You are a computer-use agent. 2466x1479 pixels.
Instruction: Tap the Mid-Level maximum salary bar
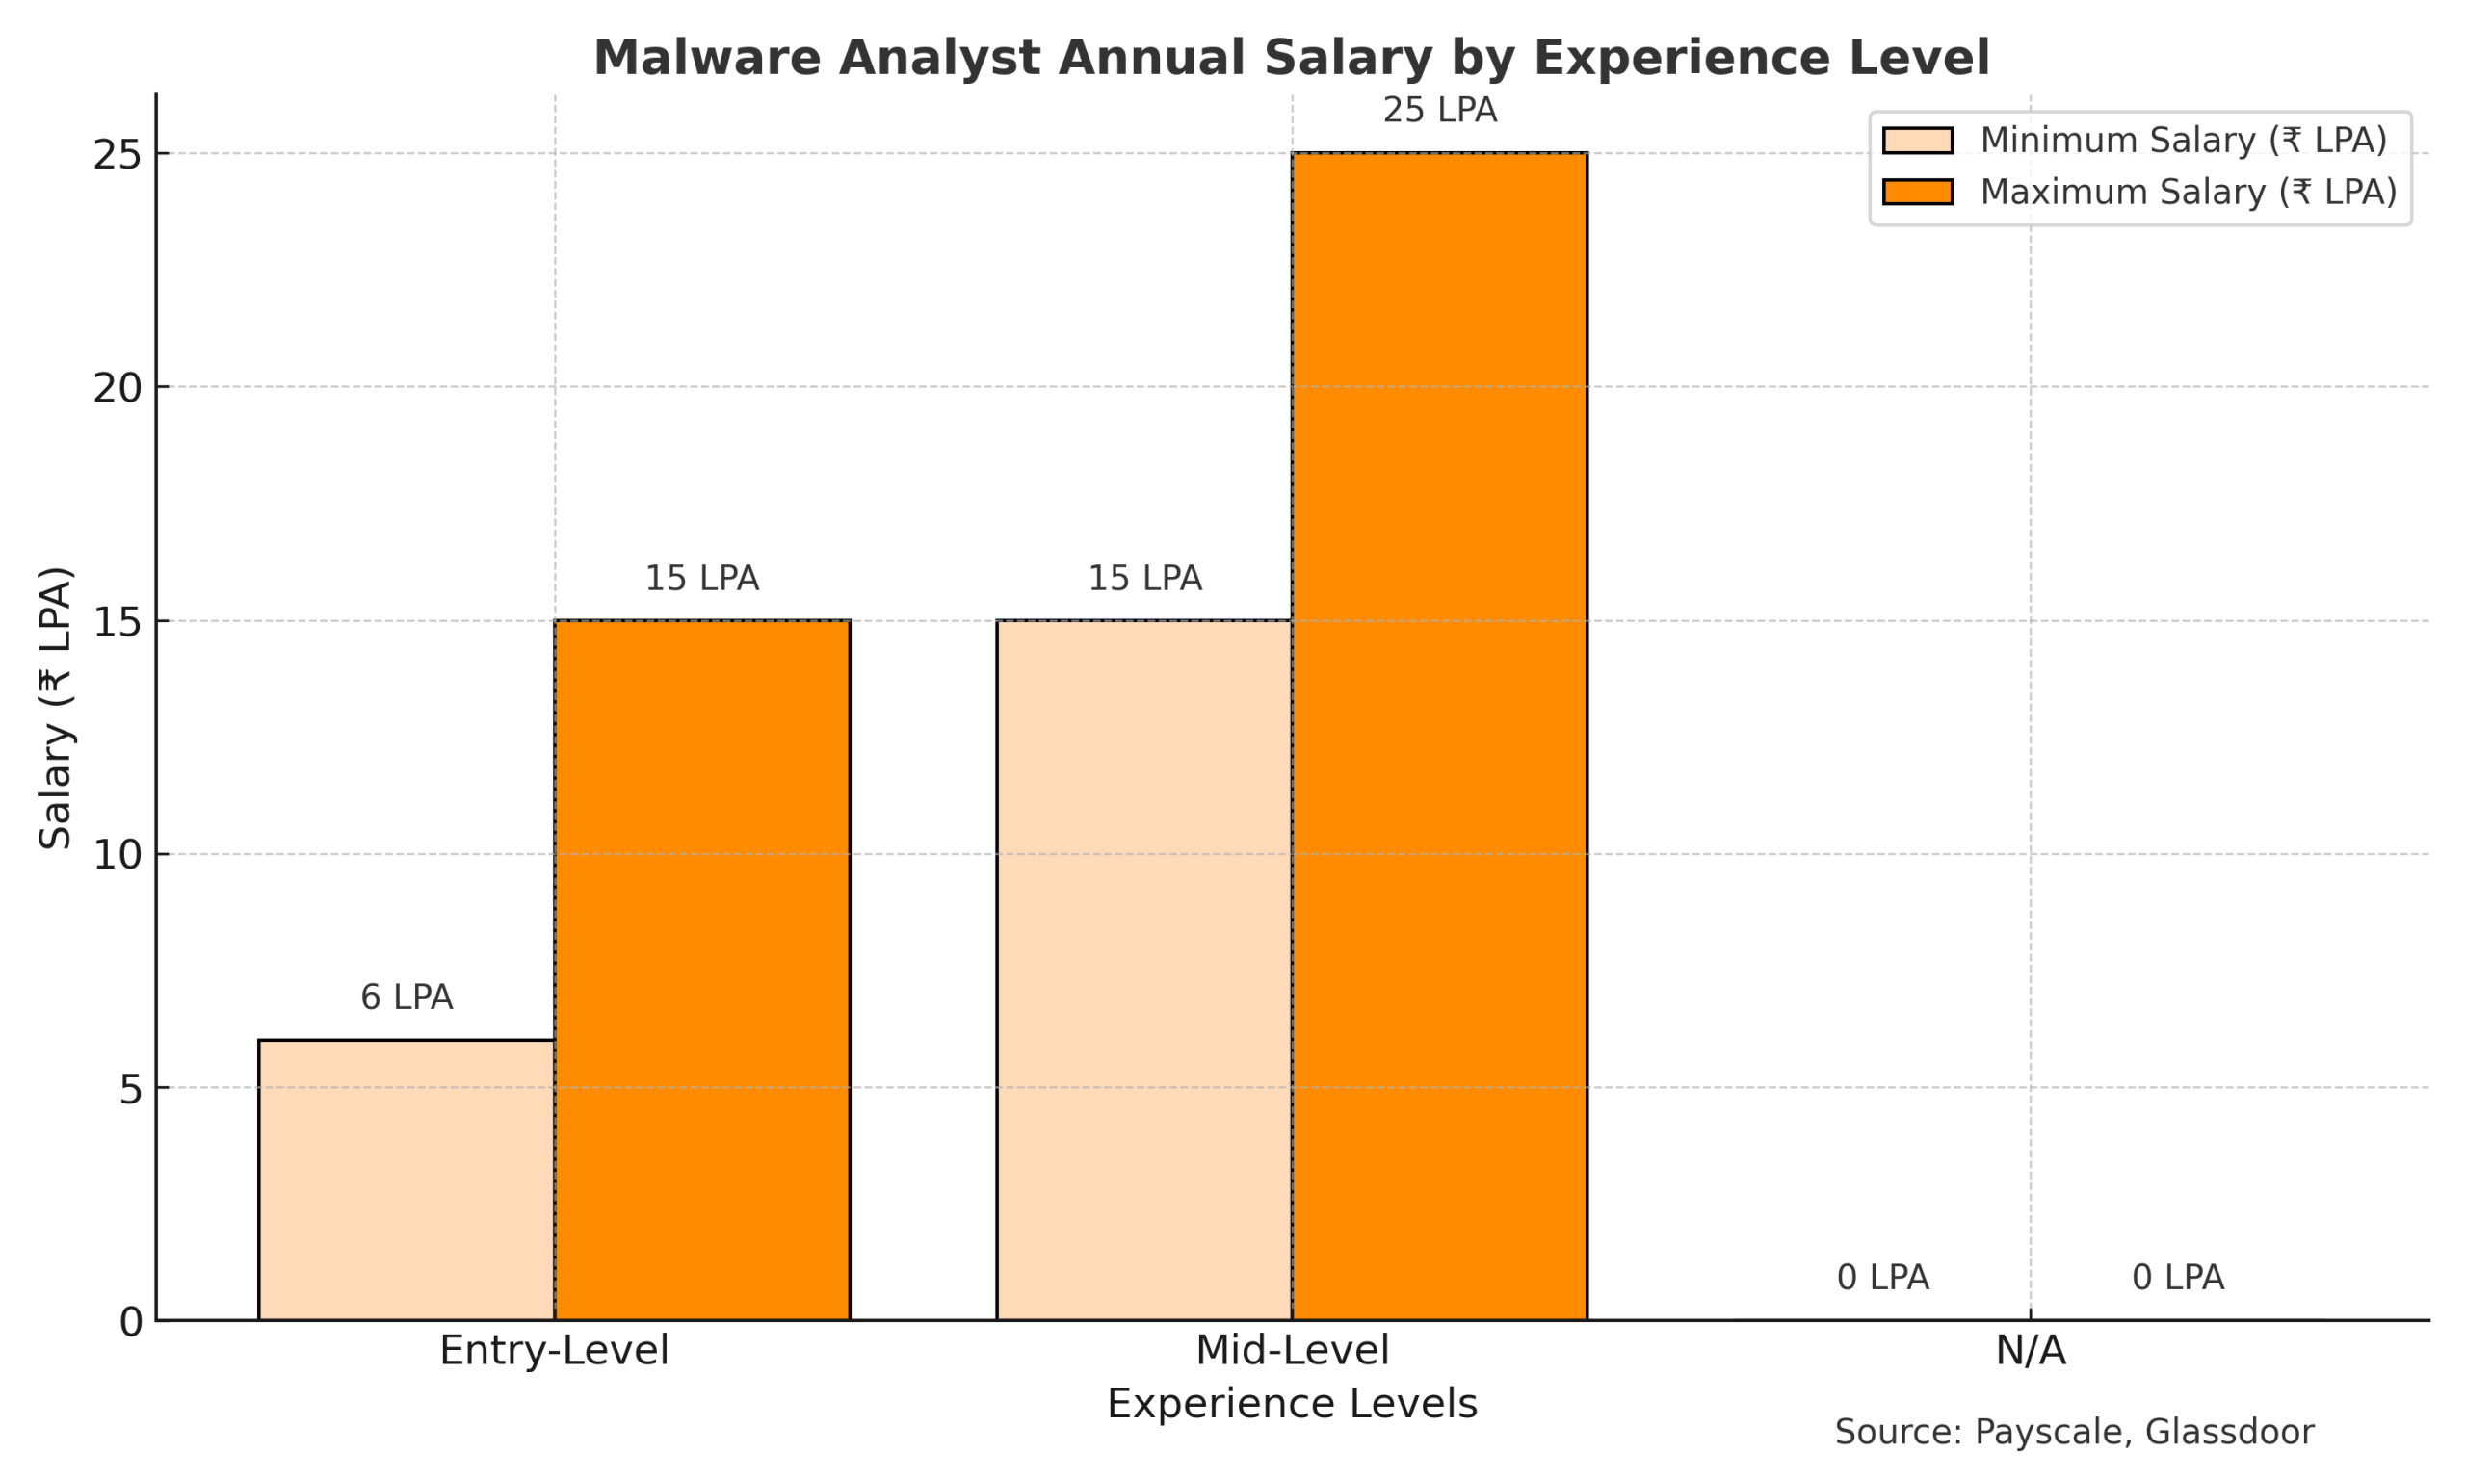click(x=1438, y=737)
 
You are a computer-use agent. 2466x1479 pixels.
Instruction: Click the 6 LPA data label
click(x=406, y=998)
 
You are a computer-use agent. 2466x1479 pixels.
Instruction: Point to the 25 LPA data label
click(x=1438, y=111)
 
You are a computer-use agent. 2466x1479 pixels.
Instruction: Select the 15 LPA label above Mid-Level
click(x=1143, y=579)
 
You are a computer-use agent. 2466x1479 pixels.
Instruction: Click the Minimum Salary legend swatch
click(x=1917, y=141)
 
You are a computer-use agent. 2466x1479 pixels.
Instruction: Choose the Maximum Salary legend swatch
click(x=1917, y=192)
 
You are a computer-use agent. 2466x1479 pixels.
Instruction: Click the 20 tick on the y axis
click(x=118, y=388)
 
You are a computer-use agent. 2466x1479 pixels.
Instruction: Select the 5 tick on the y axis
click(x=131, y=1088)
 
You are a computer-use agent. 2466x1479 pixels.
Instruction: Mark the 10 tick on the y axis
click(x=118, y=855)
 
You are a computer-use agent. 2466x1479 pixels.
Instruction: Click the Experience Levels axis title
click(x=1291, y=1404)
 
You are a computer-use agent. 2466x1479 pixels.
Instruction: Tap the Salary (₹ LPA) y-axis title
click(x=56, y=708)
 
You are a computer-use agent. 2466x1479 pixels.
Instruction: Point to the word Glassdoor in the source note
click(x=2229, y=1432)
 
